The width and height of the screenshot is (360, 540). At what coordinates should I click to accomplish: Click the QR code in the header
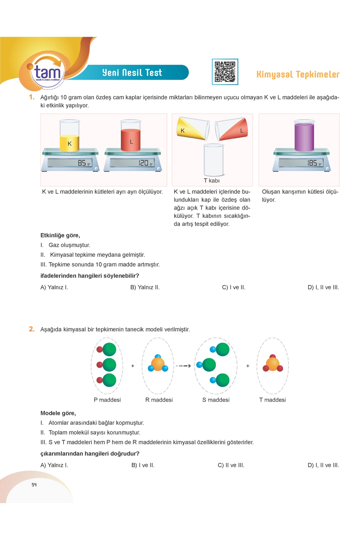click(x=225, y=72)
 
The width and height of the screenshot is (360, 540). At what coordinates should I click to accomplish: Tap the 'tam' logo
click(x=47, y=72)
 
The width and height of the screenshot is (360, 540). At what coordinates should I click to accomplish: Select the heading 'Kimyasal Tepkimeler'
click(x=298, y=74)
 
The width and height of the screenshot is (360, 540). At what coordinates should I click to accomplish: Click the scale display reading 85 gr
click(x=70, y=163)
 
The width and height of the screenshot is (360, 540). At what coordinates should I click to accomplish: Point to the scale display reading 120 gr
click(x=132, y=163)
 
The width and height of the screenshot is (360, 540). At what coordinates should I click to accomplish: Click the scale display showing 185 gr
click(x=301, y=163)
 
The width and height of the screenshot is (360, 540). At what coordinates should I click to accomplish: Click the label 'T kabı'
click(x=211, y=181)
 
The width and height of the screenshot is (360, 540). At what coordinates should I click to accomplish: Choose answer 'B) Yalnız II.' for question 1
click(x=145, y=287)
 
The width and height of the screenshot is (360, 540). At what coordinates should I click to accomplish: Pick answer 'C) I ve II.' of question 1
click(x=234, y=287)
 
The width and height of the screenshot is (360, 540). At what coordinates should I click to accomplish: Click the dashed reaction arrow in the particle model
click(x=183, y=366)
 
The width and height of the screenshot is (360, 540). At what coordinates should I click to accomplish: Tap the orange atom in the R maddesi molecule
click(x=158, y=364)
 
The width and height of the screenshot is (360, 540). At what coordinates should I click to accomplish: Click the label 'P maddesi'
click(x=107, y=400)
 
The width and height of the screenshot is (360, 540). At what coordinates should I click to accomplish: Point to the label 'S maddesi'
click(x=216, y=400)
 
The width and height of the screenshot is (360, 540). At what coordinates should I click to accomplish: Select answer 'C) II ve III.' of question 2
click(x=231, y=465)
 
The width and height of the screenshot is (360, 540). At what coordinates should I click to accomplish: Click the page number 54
click(x=34, y=485)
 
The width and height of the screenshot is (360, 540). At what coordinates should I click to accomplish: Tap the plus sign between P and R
click(x=133, y=366)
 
